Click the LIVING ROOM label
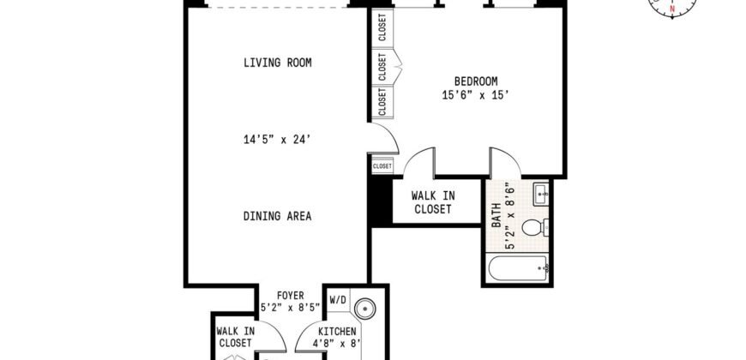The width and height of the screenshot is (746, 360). point(277,63)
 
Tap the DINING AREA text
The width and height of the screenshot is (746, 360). point(277,216)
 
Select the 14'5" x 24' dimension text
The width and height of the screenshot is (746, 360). point(277,136)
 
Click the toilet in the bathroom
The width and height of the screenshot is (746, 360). point(533,228)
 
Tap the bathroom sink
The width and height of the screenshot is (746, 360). point(540,195)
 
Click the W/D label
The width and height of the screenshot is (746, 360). point(338,301)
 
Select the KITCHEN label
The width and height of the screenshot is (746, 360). point(338,331)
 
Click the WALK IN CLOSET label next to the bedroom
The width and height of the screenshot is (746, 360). point(433,202)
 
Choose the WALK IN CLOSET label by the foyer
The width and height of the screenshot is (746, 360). point(234,336)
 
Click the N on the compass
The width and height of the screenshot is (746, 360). point(672,9)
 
